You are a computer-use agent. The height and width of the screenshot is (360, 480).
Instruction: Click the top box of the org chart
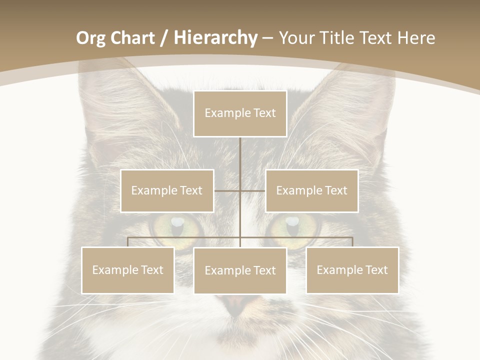[x=240, y=113]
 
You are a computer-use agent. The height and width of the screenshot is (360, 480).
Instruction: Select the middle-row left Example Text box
[x=167, y=190]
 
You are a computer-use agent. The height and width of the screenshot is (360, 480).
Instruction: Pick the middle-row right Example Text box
[x=311, y=190]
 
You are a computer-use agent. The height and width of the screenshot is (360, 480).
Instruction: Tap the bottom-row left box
[x=127, y=270]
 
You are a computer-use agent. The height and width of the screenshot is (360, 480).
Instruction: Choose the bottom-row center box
[x=240, y=270]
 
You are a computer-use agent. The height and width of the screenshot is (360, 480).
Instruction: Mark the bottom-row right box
[x=352, y=270]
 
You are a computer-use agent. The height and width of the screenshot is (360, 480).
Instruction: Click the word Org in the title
[x=90, y=38]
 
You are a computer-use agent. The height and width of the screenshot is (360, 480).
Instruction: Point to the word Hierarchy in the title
[x=215, y=38]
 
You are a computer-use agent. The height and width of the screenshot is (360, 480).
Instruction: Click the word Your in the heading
[x=297, y=38]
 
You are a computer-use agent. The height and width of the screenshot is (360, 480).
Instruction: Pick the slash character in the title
[x=164, y=38]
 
